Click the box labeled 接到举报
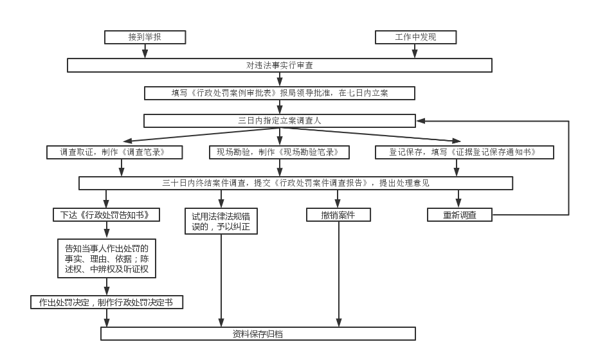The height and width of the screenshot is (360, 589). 145,37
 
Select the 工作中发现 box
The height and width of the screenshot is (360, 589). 415,37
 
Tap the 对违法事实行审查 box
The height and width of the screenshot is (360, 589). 280,66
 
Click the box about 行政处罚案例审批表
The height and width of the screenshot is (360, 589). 280,93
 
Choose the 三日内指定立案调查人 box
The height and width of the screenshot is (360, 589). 280,121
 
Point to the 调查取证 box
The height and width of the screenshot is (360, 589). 114,152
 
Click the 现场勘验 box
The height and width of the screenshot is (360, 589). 279,152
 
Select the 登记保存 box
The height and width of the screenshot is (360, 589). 464,152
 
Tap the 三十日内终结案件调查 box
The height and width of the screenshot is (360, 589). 296,183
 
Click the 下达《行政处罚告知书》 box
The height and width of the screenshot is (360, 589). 106,215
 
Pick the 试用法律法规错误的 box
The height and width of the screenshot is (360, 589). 221,221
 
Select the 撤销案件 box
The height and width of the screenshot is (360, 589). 338,215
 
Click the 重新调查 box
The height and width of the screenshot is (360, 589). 459,215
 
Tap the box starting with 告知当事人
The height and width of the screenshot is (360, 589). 107,258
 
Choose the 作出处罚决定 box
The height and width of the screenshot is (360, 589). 107,302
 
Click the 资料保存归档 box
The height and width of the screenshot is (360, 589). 258,334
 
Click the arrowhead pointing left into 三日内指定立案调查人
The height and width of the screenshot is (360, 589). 421,121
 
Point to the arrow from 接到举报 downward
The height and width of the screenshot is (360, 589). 145,51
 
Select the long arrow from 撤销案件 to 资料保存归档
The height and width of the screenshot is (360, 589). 338,274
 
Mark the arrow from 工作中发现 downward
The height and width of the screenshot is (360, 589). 415,51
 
